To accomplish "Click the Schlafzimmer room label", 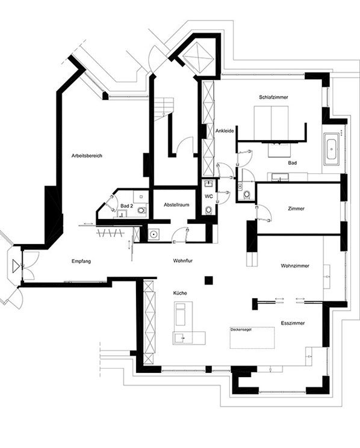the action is [273, 97].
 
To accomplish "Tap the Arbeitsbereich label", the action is [87, 156].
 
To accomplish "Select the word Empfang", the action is [81, 261].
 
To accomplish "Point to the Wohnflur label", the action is [183, 260].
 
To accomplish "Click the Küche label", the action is [180, 293].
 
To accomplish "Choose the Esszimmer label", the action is [293, 323].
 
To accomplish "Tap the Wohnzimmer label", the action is [295, 266].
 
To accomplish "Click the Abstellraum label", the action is [176, 205].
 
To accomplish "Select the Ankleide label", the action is [225, 131].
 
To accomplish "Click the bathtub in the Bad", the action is [332, 149].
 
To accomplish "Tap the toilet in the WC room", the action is [209, 210].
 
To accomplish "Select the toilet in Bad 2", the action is [141, 210].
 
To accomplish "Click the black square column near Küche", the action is [209, 280].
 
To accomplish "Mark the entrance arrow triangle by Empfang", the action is [16, 266].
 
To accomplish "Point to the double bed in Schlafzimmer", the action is [271, 123].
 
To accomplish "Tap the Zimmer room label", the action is [296, 209].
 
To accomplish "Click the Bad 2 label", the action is [126, 206].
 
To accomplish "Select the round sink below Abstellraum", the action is [154, 235].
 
